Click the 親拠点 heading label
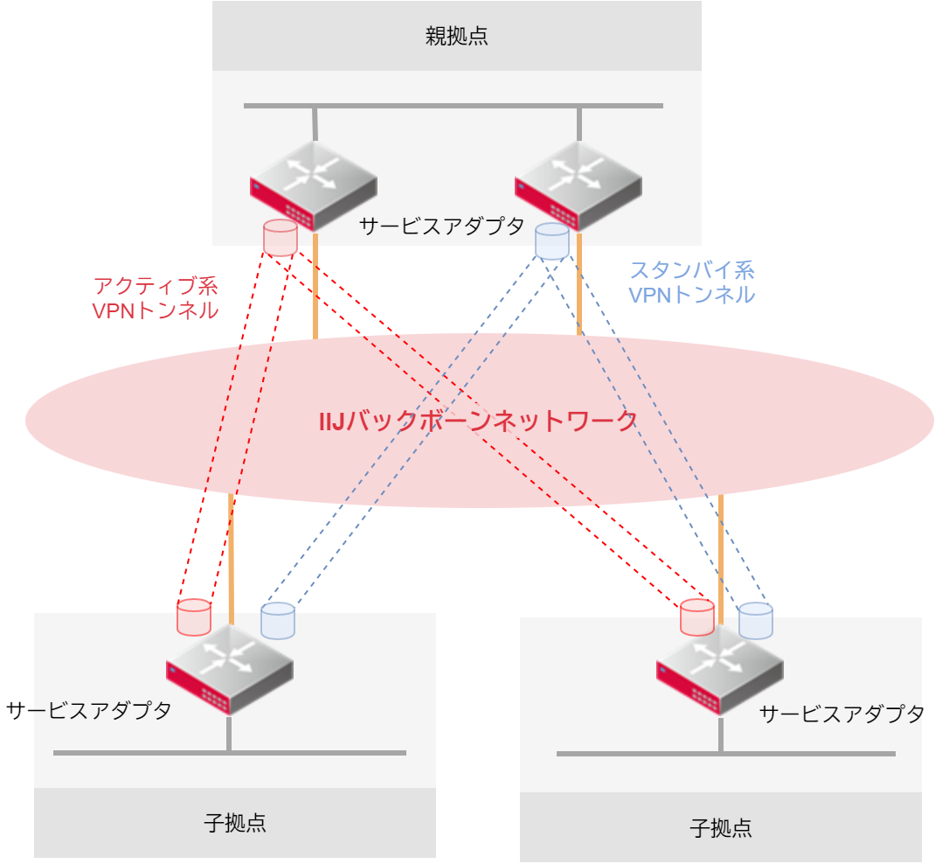pyautogui.click(x=456, y=36)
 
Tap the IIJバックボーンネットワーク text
pyautogui.click(x=478, y=422)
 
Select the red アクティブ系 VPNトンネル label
pyautogui.click(x=155, y=298)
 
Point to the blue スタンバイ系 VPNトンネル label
pyautogui.click(x=691, y=282)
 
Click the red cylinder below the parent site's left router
pyautogui.click(x=280, y=238)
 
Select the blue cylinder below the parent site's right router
pyautogui.click(x=551, y=241)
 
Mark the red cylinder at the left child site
pyautogui.click(x=194, y=617)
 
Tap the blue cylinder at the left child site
pyautogui.click(x=278, y=620)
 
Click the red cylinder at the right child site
pyautogui.click(x=697, y=617)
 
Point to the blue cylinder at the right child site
pyautogui.click(x=755, y=621)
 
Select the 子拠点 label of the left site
pyautogui.click(x=234, y=823)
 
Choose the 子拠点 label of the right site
pyautogui.click(x=720, y=828)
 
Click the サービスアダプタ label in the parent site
pyautogui.click(x=441, y=226)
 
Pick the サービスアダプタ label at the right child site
pyautogui.click(x=842, y=714)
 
